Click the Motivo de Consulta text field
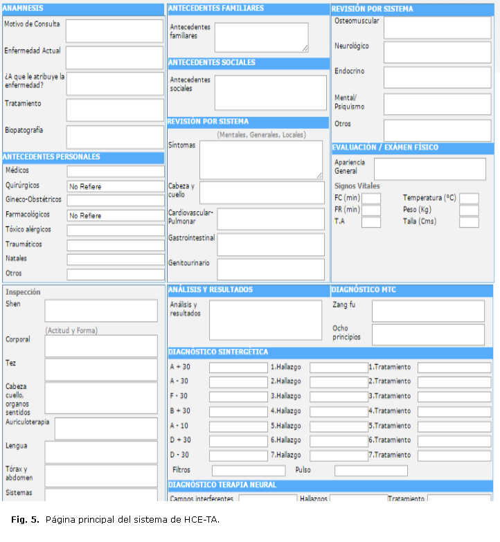click(114, 30)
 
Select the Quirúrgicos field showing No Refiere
click(116, 186)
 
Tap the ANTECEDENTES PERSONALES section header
click(52, 157)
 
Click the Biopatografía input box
click(114, 136)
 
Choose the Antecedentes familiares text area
click(261, 37)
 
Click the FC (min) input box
click(371, 199)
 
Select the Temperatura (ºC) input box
click(469, 199)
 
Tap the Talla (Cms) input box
click(469, 222)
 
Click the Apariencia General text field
click(429, 169)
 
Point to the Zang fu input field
click(428, 311)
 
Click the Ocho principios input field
click(428, 334)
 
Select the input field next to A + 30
click(238, 368)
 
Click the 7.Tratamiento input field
click(454, 455)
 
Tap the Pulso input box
click(370, 471)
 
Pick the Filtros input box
click(238, 471)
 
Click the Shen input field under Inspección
click(101, 311)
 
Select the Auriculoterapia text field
click(106, 428)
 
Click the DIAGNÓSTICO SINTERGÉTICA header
click(219, 352)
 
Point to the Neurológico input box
click(437, 52)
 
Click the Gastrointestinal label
click(191, 238)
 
